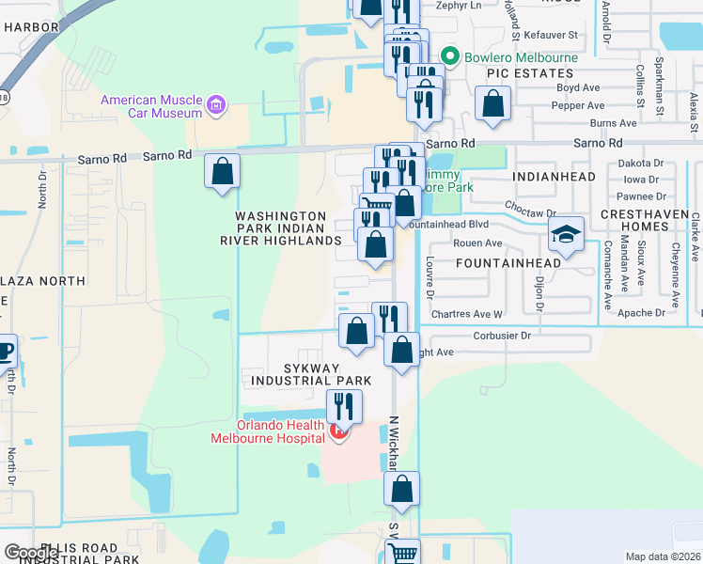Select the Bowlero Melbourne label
[508, 56]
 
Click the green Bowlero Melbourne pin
[450, 56]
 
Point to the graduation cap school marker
[566, 234]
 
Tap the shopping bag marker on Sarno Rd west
[223, 171]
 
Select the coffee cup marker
[4, 352]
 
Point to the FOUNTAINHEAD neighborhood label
[508, 263]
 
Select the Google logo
[31, 553]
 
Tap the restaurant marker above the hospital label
[344, 406]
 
